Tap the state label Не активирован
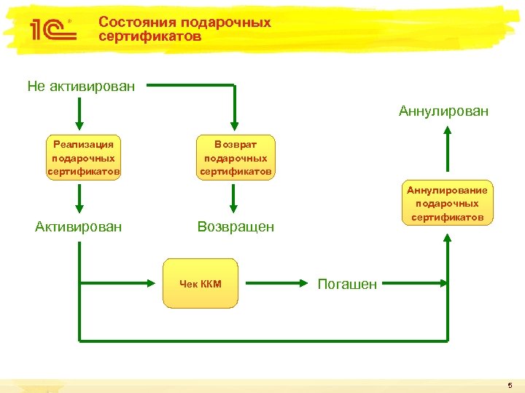coord(81,87)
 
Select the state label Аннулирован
coord(443,111)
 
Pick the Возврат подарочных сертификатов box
coord(236,158)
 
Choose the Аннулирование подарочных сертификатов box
coord(447,204)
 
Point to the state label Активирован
coord(79,226)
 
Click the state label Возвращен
coord(236,227)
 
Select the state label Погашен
coord(347,285)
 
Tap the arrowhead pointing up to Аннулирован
coord(448,132)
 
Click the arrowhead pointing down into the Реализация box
coord(79,122)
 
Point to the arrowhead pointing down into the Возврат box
coord(234,122)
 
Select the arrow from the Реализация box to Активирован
coord(79,198)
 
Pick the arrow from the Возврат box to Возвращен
coord(234,198)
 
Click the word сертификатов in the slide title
coord(149,36)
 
